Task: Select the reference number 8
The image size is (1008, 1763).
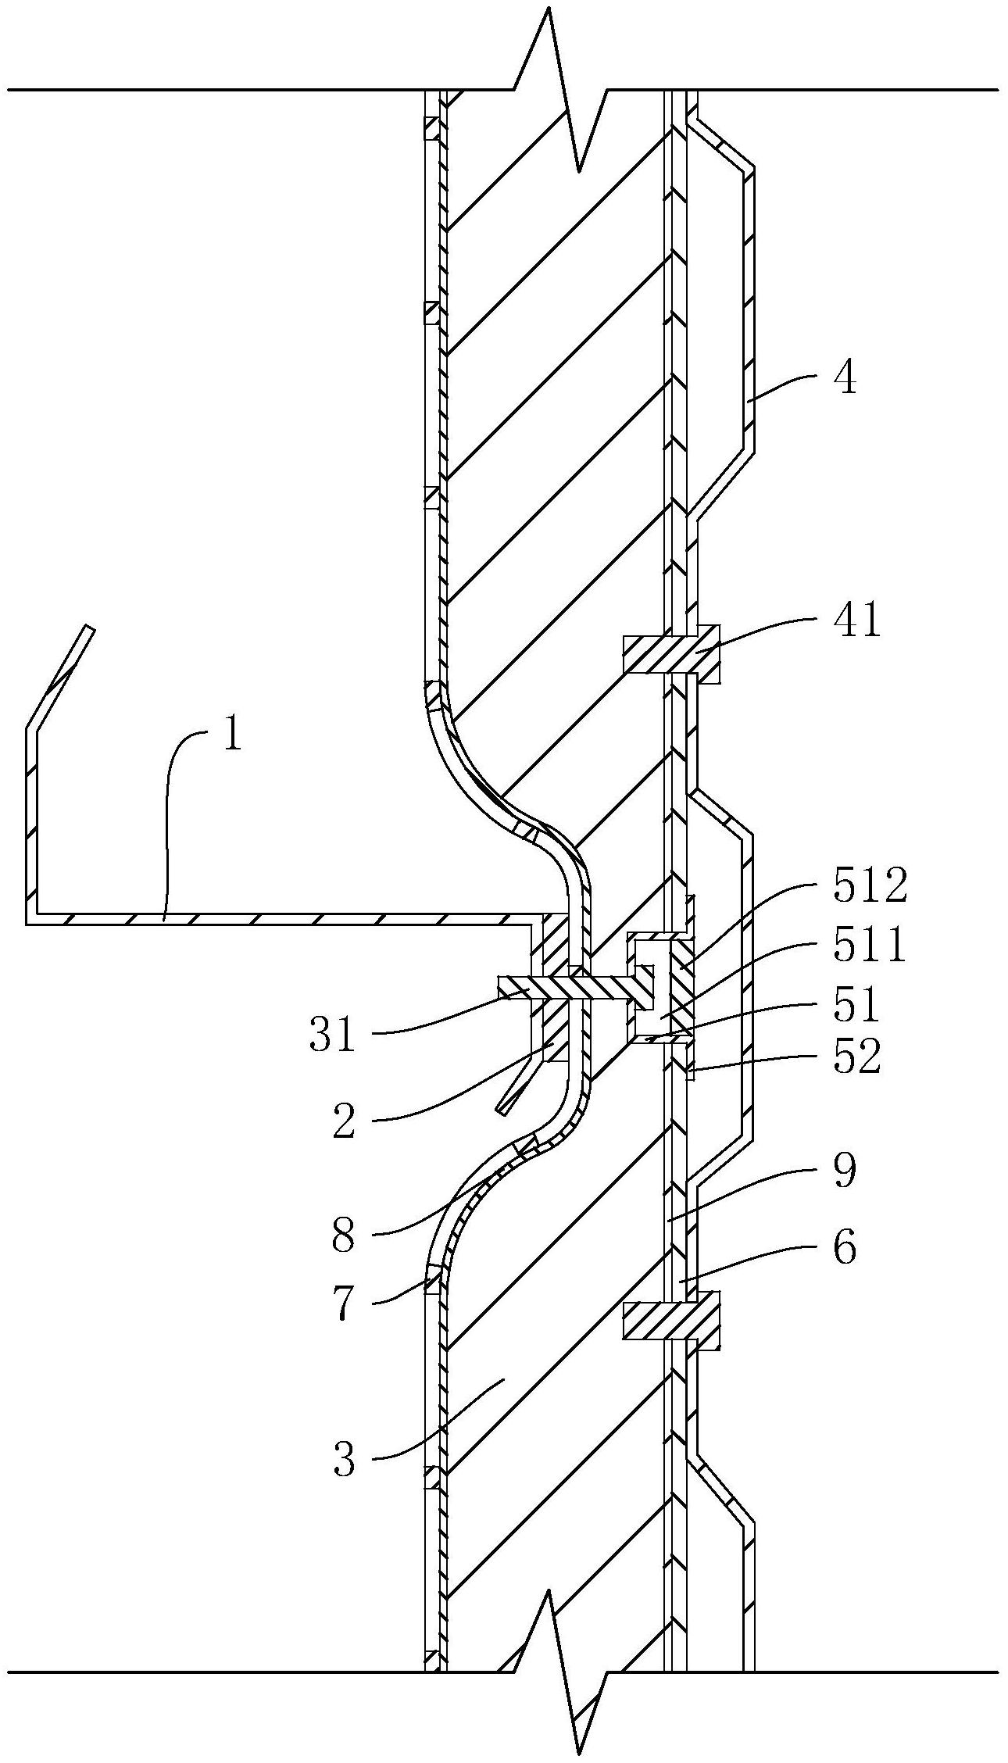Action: pyautogui.click(x=343, y=1236)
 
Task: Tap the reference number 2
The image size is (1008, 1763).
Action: pyautogui.click(x=345, y=1121)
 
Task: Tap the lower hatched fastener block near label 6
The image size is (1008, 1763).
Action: pyautogui.click(x=671, y=1321)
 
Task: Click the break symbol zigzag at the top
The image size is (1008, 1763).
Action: pyautogui.click(x=561, y=86)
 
